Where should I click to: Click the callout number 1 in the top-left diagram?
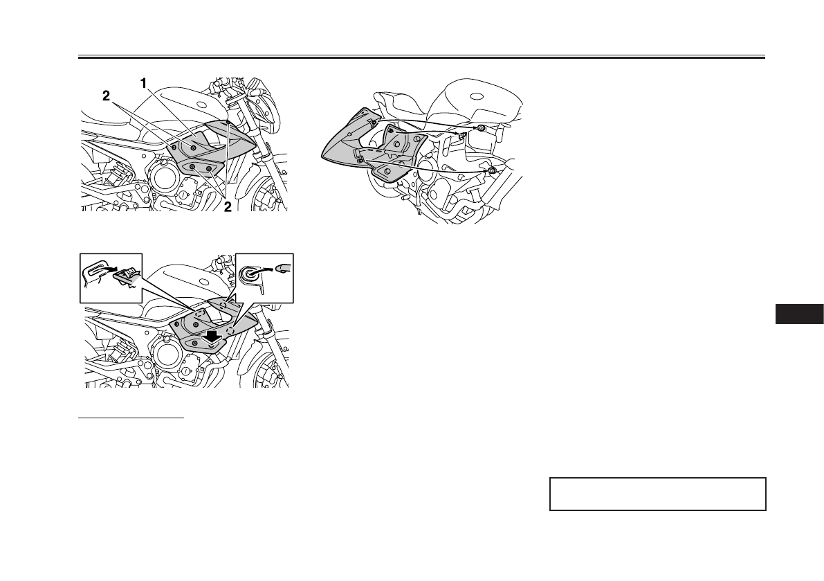[x=144, y=83]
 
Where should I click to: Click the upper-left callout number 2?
[x=106, y=98]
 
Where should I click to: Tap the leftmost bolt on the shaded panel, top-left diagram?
[x=174, y=148]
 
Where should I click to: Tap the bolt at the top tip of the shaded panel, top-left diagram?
[x=228, y=122]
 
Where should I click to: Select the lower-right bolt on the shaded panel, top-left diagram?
[x=209, y=169]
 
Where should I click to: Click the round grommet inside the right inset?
[x=250, y=274]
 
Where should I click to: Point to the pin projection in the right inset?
[x=284, y=265]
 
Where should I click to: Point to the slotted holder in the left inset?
[x=97, y=269]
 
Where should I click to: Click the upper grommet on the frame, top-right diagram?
[x=480, y=129]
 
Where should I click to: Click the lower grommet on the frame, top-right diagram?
[x=491, y=170]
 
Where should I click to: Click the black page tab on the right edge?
[x=799, y=313]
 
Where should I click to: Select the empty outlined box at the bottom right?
[x=657, y=494]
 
